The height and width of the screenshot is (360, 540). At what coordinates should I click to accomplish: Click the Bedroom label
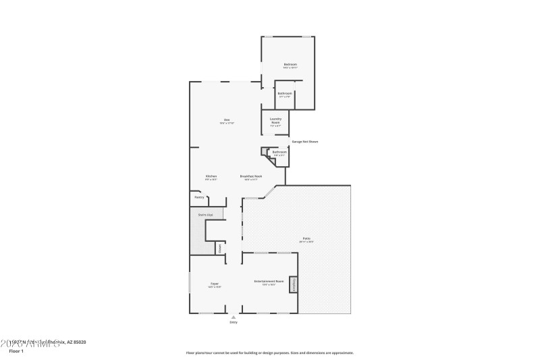coord(290,65)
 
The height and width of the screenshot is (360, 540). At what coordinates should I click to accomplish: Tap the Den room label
coord(227,121)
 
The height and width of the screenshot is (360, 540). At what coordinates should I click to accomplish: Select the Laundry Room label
coord(275,120)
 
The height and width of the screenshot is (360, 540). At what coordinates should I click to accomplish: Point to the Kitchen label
coord(211,176)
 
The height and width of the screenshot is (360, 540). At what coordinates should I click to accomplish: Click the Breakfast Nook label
coord(251,176)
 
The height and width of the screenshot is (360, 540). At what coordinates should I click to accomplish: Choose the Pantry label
coord(199,197)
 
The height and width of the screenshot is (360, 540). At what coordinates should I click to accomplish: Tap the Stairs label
coord(205,215)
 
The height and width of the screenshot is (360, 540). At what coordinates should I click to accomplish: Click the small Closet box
coord(219,248)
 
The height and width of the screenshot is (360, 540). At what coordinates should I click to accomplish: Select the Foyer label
coord(214,284)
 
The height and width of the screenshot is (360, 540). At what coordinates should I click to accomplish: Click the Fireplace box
coord(294,284)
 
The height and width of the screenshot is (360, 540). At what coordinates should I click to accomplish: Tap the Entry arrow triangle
coord(234,316)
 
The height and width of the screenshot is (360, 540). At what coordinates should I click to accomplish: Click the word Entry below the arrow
coord(234,322)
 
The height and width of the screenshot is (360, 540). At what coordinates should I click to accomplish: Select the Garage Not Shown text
coord(304,142)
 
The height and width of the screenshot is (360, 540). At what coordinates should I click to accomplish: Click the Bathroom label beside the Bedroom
coord(285,93)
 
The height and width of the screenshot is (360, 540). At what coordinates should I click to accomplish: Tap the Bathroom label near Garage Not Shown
coord(279,152)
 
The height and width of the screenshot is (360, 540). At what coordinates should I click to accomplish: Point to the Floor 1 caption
coord(16,351)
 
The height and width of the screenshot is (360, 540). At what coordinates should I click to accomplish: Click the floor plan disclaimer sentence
coord(269,353)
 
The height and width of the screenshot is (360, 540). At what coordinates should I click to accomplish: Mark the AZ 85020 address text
coord(76,342)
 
